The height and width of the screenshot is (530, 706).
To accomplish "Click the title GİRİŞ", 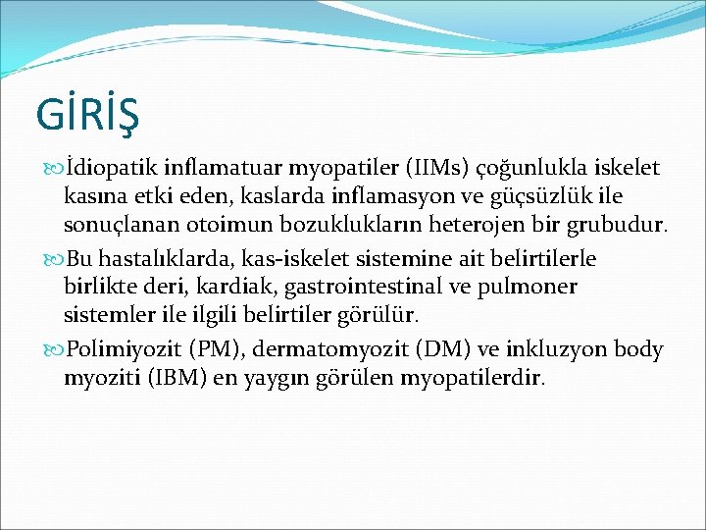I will (x=87, y=114).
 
